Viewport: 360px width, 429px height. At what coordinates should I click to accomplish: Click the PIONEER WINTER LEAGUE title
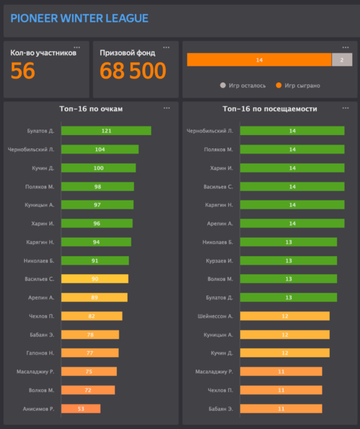[x=79, y=19]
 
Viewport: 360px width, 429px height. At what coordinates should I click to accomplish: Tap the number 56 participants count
[x=23, y=71]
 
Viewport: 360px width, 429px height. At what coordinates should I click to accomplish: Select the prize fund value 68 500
[x=133, y=71]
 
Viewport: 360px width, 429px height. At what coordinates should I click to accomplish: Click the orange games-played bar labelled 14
[x=259, y=59]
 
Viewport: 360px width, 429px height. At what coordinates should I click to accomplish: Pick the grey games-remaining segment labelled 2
[x=342, y=59]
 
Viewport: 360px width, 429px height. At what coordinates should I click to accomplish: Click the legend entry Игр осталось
[x=243, y=86]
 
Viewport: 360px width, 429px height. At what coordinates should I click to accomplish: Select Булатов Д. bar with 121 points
[x=106, y=131]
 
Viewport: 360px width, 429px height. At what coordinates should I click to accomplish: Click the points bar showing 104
[x=100, y=149]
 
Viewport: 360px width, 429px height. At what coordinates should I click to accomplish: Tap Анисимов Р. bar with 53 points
[x=81, y=408]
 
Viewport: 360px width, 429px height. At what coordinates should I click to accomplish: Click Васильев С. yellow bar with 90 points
[x=94, y=279]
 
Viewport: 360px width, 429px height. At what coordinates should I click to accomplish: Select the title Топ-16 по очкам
[x=91, y=109]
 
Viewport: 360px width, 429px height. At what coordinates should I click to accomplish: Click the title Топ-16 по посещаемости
[x=270, y=109]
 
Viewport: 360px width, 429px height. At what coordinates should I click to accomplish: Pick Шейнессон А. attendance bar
[x=284, y=316]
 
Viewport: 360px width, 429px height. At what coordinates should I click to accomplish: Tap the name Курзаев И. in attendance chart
[x=219, y=261]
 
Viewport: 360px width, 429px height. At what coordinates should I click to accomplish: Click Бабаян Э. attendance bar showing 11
[x=281, y=408]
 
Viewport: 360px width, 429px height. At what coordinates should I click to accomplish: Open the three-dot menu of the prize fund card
[x=166, y=47]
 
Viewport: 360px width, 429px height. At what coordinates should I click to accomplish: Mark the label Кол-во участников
[x=43, y=53]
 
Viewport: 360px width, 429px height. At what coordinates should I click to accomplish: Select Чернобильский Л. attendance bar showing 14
[x=292, y=131]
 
